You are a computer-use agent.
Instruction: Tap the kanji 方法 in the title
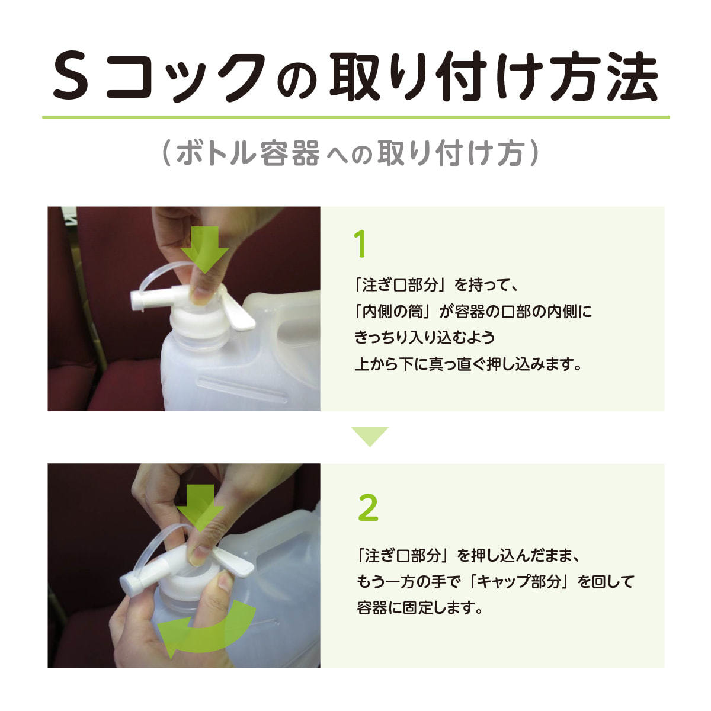point(604,77)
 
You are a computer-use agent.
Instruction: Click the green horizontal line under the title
point(355,117)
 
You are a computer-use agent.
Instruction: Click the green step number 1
point(360,244)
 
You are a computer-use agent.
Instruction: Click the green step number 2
point(368,508)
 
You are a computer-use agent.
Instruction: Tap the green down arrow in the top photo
point(204,249)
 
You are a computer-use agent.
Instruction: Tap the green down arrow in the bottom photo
point(200,508)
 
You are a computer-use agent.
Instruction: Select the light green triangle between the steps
point(370,435)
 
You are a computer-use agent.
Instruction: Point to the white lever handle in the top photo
point(239,313)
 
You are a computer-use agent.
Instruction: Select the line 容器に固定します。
point(420,608)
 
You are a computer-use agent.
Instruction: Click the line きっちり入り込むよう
point(424,338)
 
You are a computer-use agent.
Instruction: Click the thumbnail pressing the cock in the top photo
point(201,292)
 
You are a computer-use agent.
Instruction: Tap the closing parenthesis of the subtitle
point(534,153)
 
